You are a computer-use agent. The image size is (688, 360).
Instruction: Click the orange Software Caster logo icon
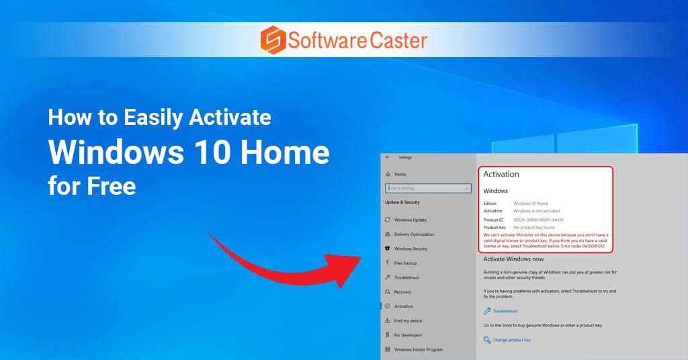[272, 40]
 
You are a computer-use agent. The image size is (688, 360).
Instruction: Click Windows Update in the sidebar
[410, 220]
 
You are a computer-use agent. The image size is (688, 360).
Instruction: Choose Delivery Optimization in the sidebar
[414, 234]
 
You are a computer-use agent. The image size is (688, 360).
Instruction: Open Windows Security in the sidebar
[411, 249]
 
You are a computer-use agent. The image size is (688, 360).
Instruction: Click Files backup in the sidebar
[405, 263]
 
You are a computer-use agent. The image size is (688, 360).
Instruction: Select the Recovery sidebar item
[402, 292]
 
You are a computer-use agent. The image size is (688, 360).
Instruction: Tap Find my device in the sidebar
[408, 321]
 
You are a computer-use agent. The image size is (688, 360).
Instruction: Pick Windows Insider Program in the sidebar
[418, 349]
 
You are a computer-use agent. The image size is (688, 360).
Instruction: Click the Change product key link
[511, 340]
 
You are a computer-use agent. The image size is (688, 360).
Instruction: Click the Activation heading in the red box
[501, 174]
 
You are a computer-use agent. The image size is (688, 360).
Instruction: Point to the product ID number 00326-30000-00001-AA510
[538, 220]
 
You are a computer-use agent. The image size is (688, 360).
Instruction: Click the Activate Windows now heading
[513, 259]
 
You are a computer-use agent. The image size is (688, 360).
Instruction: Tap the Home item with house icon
[399, 174]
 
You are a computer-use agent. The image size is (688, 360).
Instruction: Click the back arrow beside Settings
[387, 157]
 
